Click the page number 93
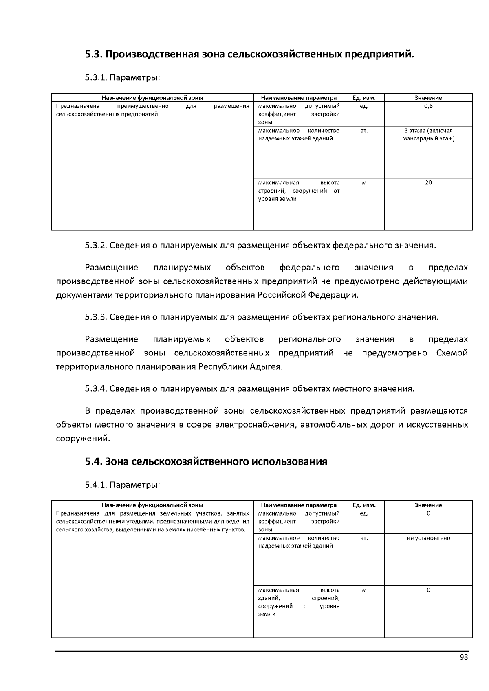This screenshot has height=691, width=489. point(463,658)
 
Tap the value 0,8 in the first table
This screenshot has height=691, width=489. point(428,106)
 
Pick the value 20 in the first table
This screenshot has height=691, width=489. point(428,183)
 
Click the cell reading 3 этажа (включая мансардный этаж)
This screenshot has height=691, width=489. point(428,135)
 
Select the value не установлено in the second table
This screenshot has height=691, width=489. point(428,538)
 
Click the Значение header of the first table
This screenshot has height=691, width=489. point(428,98)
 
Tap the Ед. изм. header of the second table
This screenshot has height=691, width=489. point(364,505)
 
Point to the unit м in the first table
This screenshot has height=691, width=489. point(364,183)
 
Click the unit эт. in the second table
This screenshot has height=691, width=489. point(364,538)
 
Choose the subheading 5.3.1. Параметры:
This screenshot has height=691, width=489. point(122,77)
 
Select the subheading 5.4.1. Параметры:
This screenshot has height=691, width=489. point(122,485)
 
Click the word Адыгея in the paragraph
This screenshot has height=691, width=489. point(267,366)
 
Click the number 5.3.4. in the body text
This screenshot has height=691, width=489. point(96,388)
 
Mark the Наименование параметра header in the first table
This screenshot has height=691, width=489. point(299,98)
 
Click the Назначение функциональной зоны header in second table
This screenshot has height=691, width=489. point(152,505)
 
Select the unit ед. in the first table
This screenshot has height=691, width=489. point(364,106)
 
